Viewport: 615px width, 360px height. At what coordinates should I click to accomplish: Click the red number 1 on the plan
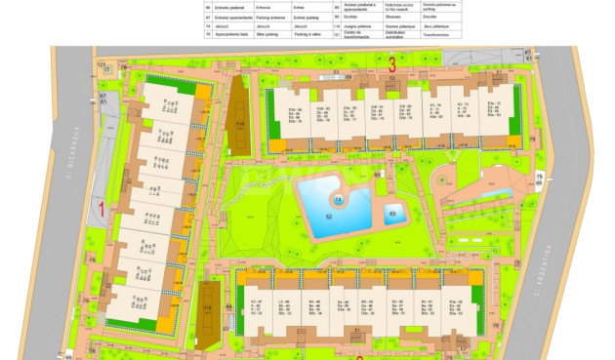pyautogui.click(x=102, y=207)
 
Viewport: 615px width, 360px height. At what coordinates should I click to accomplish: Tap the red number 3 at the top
pyautogui.click(x=390, y=64)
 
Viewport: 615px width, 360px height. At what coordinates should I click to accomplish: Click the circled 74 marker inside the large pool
pyautogui.click(x=339, y=200)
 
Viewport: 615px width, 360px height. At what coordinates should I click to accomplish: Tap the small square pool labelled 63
pyautogui.click(x=393, y=214)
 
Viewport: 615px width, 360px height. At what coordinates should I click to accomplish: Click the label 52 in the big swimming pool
pyautogui.click(x=329, y=216)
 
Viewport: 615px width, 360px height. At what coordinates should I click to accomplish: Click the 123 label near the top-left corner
pyautogui.click(x=101, y=64)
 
